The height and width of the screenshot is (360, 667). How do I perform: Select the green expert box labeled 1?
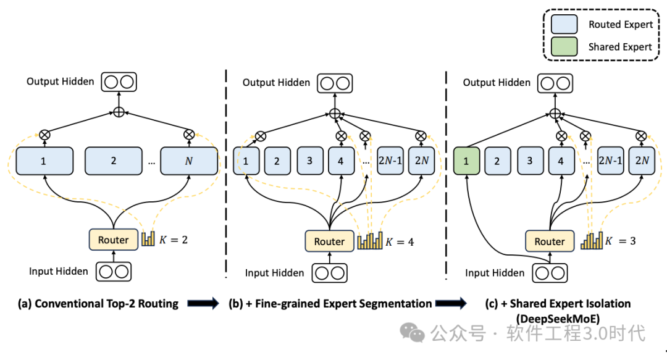point(467,161)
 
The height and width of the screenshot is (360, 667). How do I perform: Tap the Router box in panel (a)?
point(114,240)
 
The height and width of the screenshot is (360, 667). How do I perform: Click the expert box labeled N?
point(189,161)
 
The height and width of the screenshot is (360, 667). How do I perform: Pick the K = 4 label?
point(400,241)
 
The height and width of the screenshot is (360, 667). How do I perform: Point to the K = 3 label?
point(620,241)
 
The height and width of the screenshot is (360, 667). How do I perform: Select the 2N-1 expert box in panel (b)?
point(390,161)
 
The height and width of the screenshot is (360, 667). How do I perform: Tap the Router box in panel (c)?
point(550,241)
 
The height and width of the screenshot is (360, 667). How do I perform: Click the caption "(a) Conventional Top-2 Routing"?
point(98,303)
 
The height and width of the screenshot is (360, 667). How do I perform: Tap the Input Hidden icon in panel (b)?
point(329,272)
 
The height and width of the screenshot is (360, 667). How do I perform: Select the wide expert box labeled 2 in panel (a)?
point(114,161)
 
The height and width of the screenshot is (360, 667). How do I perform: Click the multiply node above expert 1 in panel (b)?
point(261,136)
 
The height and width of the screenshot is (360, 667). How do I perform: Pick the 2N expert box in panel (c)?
point(642,161)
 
